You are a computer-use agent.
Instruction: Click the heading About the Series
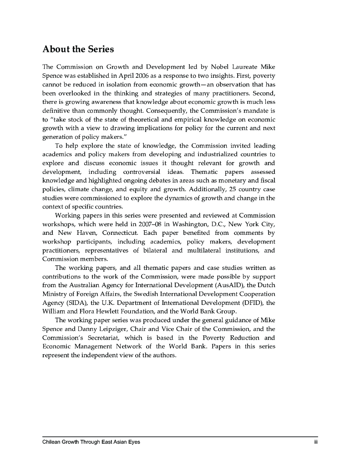click(x=78, y=49)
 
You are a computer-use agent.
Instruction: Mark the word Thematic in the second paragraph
click(x=206, y=172)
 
